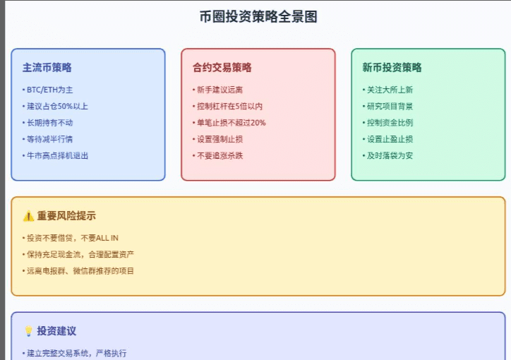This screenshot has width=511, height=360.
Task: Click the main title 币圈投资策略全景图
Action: pos(258,17)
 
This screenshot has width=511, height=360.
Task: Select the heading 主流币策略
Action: pos(47,68)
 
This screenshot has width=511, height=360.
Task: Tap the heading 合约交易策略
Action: pos(222,68)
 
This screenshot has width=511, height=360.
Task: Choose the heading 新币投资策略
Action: pos(392,68)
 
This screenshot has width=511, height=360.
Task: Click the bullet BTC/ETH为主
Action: pos(49,90)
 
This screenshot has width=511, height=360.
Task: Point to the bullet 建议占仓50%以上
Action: pos(56,106)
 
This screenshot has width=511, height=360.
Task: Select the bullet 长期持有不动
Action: pos(49,123)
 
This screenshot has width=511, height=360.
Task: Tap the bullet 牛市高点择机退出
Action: pos(57,155)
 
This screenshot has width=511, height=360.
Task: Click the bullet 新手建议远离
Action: pos(220,90)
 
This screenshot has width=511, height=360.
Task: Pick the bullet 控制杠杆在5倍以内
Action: pos(229,106)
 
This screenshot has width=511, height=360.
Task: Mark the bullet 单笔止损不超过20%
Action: pos(231,123)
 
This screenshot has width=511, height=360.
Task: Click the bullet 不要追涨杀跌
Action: pos(220,155)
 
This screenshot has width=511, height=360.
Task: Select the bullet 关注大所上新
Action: pos(390,90)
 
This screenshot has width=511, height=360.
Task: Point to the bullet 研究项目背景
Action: pos(390,106)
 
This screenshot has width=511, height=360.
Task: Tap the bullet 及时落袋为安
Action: pos(390,155)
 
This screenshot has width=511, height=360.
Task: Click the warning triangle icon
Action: pos(28,216)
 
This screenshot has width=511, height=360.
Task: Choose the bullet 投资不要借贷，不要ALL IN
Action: pos(73,238)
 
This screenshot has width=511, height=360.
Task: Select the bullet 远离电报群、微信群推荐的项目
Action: pos(80,270)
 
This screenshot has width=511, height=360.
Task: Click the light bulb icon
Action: pos(28,331)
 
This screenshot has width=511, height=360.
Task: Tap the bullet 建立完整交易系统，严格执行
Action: pos(76,353)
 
